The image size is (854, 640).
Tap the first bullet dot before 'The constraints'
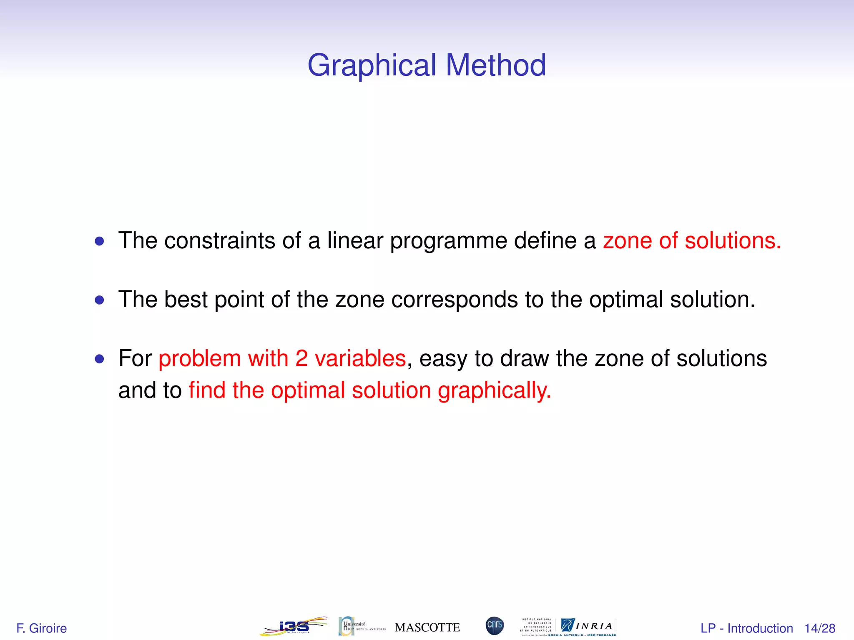coord(99,241)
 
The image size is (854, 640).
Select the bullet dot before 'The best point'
coord(99,300)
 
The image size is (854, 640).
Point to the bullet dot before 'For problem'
coord(99,359)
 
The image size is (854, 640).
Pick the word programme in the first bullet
coord(448,242)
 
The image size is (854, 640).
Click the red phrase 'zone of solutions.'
coord(691,241)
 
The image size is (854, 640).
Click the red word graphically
coord(494,391)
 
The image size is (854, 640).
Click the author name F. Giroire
coord(42,628)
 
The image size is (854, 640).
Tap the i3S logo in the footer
coord(294,626)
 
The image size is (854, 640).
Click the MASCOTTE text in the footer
coord(427,627)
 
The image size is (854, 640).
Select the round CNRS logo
coord(495,626)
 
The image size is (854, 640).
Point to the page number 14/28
coord(820,628)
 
